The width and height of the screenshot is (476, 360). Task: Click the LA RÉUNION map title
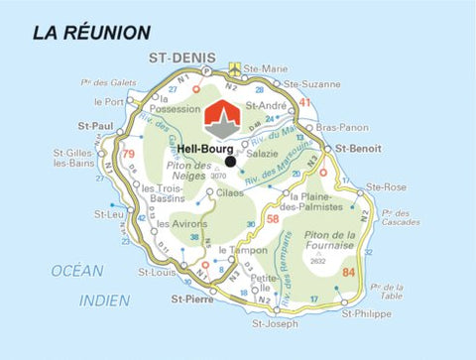91,33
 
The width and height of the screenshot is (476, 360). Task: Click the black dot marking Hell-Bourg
230,161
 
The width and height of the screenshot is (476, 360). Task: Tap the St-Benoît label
358,148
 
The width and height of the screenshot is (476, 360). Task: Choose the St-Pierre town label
193,297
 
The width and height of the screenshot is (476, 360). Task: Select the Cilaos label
228,192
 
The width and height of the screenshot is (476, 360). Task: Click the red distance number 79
128,154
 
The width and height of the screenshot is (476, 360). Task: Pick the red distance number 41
305,102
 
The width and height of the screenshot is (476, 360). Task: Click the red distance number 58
272,218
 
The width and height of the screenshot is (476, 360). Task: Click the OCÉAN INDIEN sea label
77,285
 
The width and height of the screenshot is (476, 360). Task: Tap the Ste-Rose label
386,185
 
